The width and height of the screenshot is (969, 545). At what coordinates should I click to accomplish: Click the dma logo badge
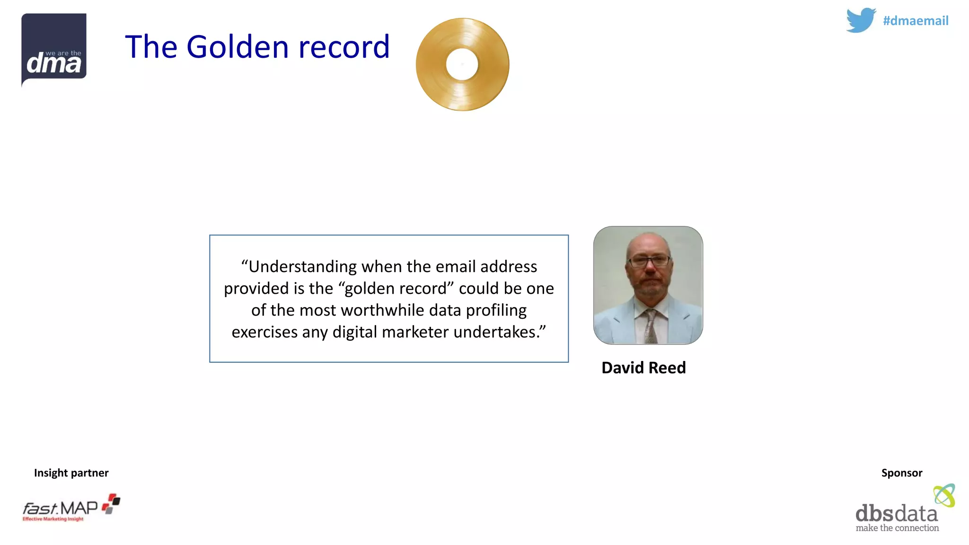pyautogui.click(x=54, y=50)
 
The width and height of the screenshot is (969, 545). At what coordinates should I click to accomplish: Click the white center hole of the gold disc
pyautogui.click(x=462, y=64)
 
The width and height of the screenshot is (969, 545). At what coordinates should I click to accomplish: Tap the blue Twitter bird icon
pyautogui.click(x=861, y=20)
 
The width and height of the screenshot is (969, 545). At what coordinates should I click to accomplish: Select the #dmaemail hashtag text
pyautogui.click(x=916, y=21)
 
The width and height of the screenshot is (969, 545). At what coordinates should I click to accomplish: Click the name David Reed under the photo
pyautogui.click(x=643, y=368)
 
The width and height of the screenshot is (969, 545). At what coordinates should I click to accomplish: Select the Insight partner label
pyautogui.click(x=71, y=473)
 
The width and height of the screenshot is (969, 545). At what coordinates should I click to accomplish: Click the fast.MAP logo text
pyautogui.click(x=61, y=509)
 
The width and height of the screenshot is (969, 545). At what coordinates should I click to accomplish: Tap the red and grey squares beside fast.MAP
pyautogui.click(x=111, y=503)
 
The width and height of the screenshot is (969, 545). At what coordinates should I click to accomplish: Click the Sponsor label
pyautogui.click(x=901, y=473)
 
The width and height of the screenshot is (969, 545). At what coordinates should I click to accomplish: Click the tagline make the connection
pyautogui.click(x=897, y=528)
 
